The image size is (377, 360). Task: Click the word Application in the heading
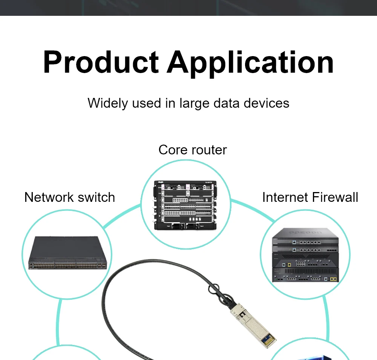click(250, 62)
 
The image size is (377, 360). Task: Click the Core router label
click(192, 150)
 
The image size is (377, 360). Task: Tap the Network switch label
click(69, 197)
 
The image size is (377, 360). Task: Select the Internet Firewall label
click(310, 197)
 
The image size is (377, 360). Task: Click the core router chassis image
click(185, 205)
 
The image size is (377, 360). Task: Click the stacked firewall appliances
click(305, 256)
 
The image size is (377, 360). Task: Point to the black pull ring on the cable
click(214, 289)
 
